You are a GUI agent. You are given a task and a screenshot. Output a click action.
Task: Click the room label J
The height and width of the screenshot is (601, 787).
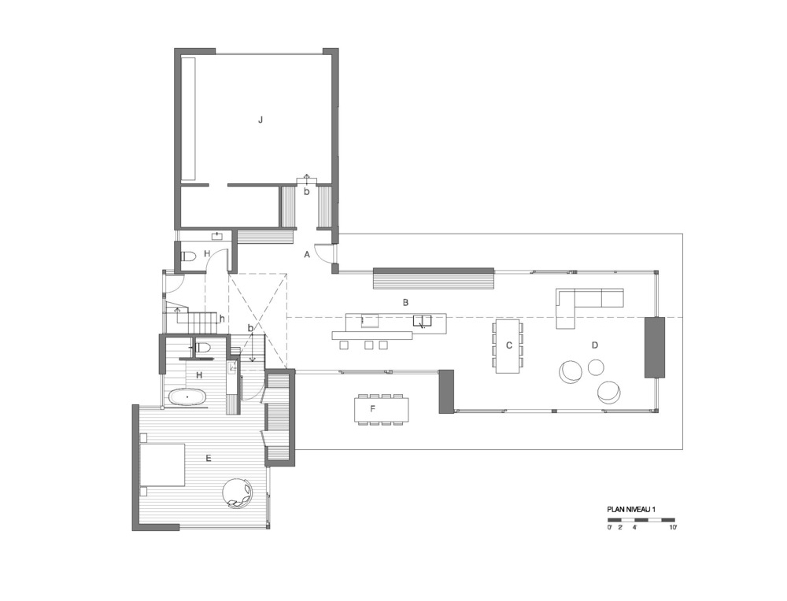click(x=260, y=120)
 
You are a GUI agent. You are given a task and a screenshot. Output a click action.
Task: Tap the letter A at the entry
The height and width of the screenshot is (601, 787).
click(x=307, y=255)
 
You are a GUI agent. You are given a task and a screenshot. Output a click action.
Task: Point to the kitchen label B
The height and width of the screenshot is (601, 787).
click(x=405, y=303)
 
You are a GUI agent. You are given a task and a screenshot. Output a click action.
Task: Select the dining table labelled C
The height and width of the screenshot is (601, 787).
click(x=508, y=346)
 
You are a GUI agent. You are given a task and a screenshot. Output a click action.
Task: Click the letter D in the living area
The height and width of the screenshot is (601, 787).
click(x=595, y=345)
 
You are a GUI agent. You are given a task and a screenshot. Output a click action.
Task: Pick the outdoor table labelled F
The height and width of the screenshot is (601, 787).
click(x=381, y=409)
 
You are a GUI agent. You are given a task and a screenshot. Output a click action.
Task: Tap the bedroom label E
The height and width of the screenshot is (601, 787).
click(x=209, y=458)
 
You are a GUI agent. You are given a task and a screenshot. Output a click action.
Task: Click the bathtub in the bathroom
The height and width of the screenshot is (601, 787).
click(x=187, y=396)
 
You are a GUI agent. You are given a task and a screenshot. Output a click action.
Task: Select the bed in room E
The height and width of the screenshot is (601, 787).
click(x=162, y=465)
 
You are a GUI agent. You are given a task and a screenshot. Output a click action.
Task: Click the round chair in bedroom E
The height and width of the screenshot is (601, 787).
click(x=238, y=492)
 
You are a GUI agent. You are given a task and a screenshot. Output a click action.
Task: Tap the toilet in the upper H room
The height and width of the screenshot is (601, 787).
click(x=189, y=256)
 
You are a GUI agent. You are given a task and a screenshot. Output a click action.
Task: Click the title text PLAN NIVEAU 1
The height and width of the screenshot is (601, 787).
click(x=631, y=509)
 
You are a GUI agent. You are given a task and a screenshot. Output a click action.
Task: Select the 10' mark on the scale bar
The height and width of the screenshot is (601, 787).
click(x=673, y=527)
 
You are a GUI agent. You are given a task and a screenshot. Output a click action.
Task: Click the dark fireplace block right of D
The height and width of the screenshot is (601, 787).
click(x=655, y=347)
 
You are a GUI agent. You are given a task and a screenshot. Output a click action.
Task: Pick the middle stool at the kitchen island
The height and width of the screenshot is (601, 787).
click(x=369, y=345)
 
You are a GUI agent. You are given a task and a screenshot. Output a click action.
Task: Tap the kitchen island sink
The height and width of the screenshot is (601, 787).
click(x=421, y=321)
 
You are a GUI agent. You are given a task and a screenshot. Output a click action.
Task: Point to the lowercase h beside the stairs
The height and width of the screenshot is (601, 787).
click(x=221, y=319)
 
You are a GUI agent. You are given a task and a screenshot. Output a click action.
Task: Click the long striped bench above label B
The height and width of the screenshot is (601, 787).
click(x=434, y=278)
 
